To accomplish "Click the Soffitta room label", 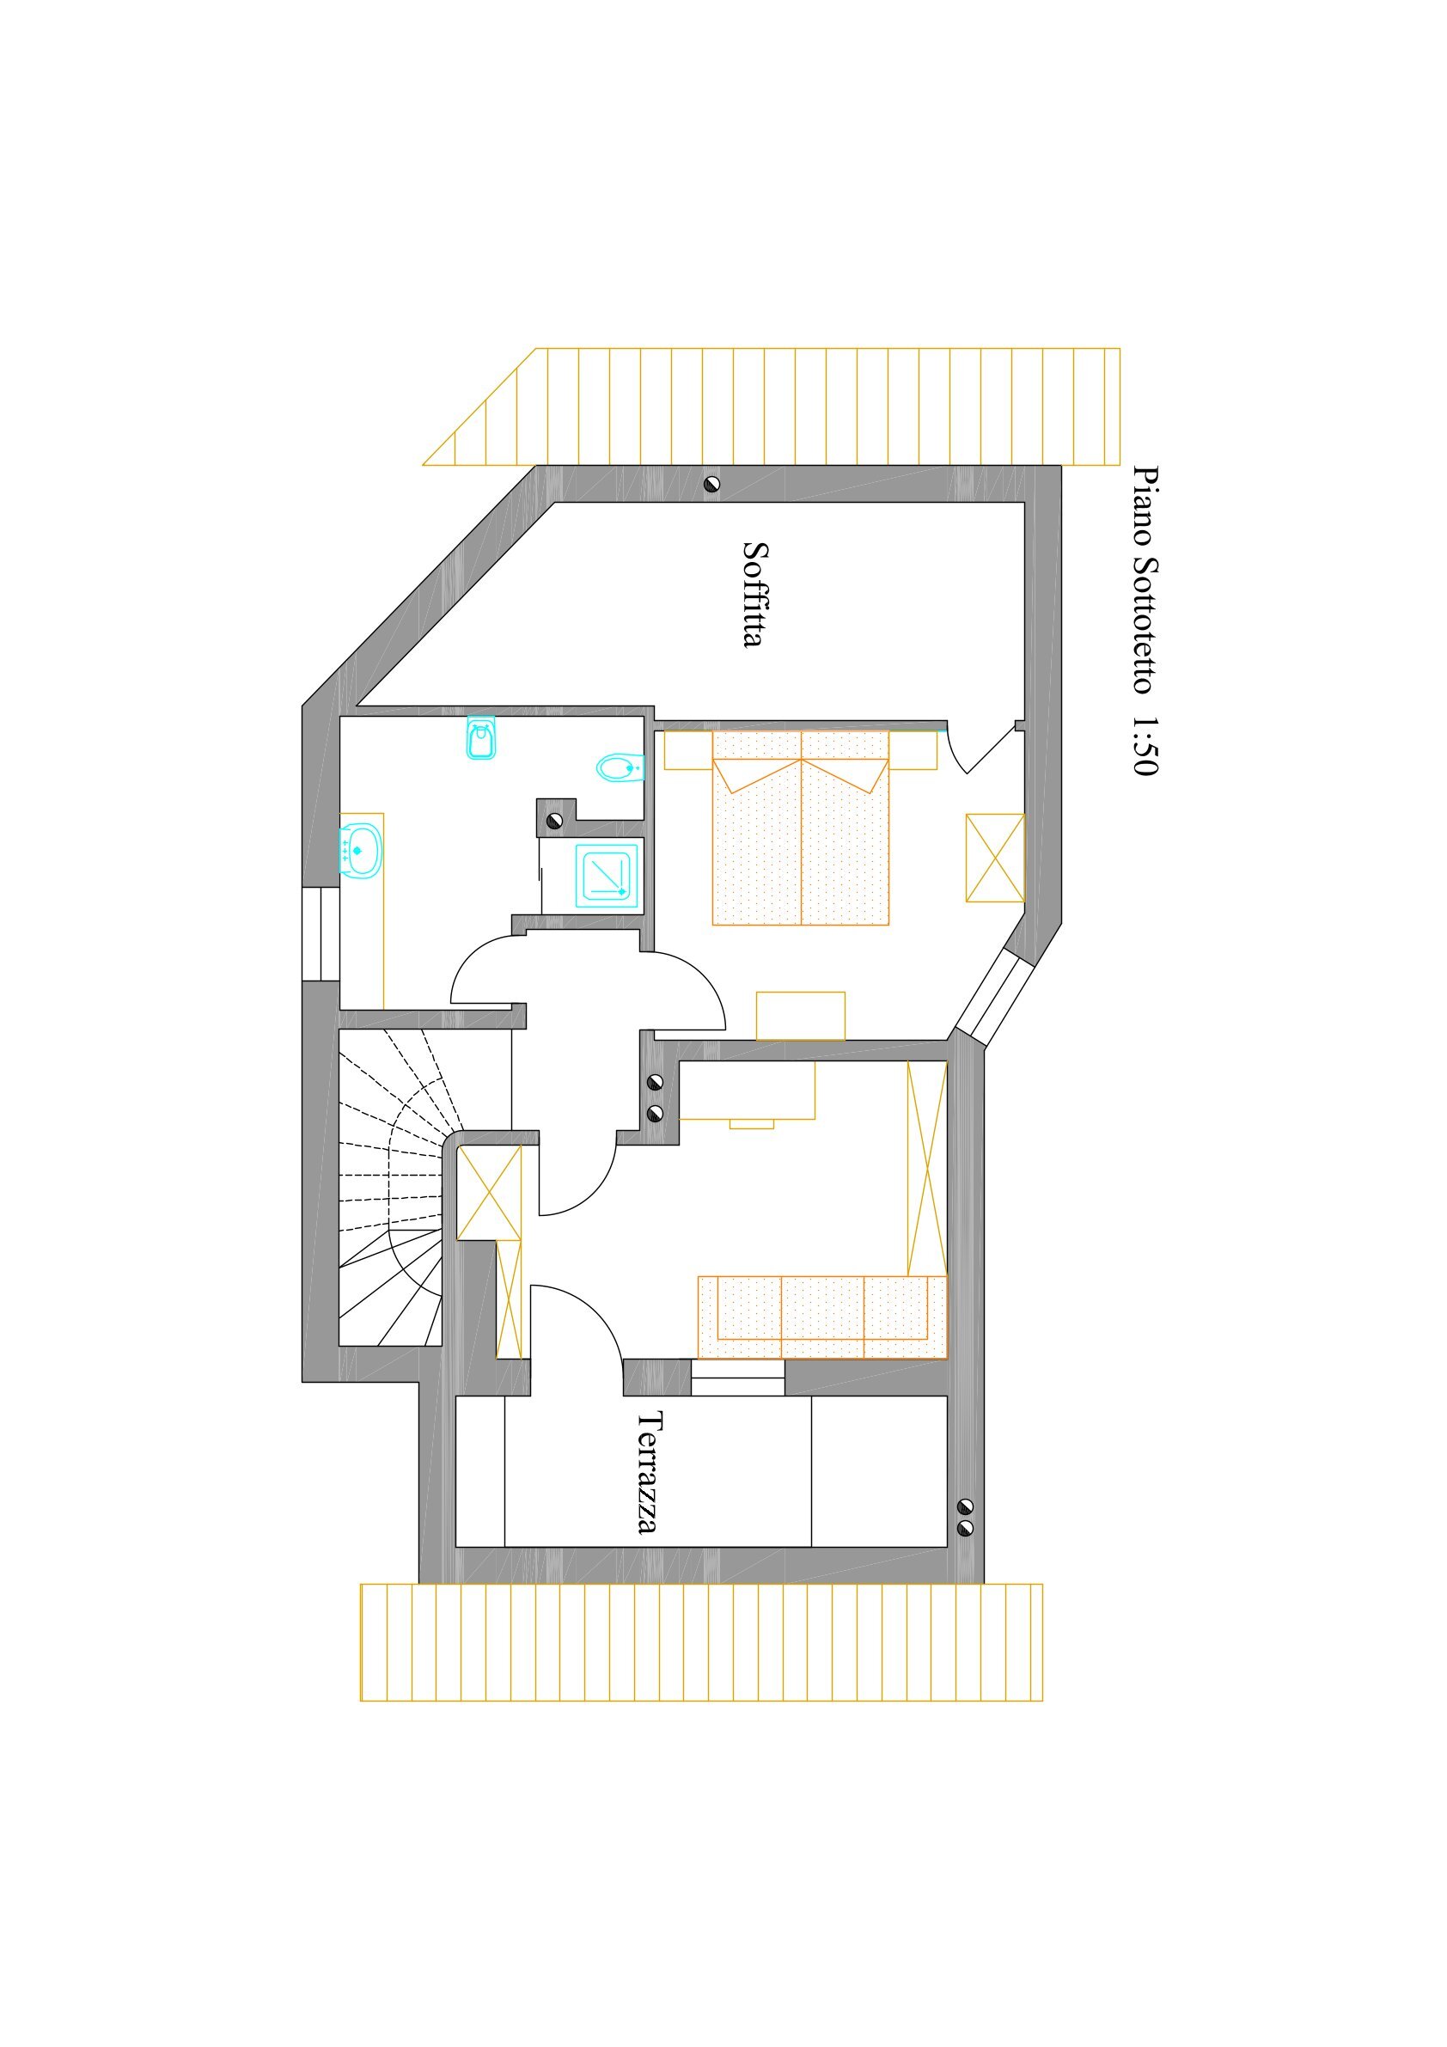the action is point(754,594).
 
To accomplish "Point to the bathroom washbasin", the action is point(360,851).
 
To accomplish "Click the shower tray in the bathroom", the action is point(607,876).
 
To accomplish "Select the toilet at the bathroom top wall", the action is point(481,737).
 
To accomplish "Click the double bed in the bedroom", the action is point(801,828).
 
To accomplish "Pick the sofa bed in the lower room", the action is point(822,1317).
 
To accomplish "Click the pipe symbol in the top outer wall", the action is point(711,484).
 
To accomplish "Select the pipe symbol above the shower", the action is point(554,820).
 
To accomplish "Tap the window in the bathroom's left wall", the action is point(321,934).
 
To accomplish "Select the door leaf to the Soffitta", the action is point(992,749).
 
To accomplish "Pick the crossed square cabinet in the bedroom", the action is point(995,858).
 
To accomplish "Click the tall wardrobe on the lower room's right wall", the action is point(927,1168).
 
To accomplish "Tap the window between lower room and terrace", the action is point(738,1378).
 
